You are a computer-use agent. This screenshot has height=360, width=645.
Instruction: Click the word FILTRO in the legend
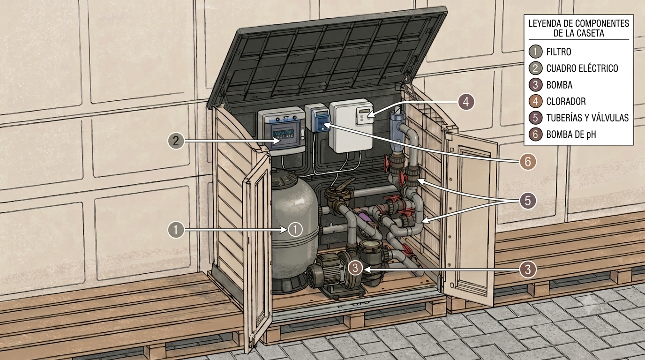coord(559,52)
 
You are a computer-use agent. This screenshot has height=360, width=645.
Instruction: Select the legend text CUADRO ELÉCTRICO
coord(582,68)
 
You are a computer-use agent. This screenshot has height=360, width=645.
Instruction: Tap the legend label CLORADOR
coord(566,101)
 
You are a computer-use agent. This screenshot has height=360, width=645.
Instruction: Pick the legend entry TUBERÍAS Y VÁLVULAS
coord(587,118)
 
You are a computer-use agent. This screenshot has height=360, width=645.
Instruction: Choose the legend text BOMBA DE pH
coord(571,135)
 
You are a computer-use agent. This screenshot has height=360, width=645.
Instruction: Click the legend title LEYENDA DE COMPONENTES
coord(579,23)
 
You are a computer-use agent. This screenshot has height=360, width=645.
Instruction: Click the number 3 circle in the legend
coord(536,85)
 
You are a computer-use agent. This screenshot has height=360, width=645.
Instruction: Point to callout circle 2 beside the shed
coord(176,141)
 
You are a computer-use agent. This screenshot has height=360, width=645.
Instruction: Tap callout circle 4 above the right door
coord(466,102)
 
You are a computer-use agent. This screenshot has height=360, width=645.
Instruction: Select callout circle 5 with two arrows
coord(528,201)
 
